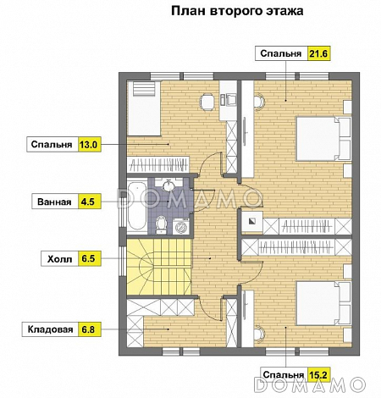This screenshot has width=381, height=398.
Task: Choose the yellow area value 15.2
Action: (x=318, y=373)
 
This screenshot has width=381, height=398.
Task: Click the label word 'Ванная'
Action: (x=52, y=202)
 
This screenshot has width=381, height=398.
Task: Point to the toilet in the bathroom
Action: (x=163, y=224)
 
